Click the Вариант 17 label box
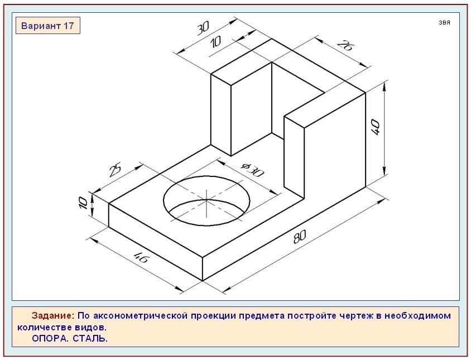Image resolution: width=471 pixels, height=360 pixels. point(48,26)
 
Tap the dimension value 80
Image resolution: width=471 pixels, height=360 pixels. point(300,237)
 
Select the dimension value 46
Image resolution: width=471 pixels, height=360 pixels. point(140,257)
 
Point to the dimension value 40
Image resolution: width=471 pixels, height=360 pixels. point(376,127)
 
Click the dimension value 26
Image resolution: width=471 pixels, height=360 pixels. point(345,45)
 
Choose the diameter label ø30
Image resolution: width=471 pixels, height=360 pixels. point(252,170)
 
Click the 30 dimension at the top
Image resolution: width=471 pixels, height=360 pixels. point(203,28)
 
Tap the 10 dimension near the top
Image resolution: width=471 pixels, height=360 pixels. point(215,41)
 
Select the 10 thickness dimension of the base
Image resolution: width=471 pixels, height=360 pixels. point(83,203)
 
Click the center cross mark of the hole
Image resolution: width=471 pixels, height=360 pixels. point(206,199)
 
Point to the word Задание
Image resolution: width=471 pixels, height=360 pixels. point(52,315)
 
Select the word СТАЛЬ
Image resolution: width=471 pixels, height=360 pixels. point(90,338)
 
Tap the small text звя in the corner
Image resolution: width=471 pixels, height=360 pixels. point(444,22)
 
